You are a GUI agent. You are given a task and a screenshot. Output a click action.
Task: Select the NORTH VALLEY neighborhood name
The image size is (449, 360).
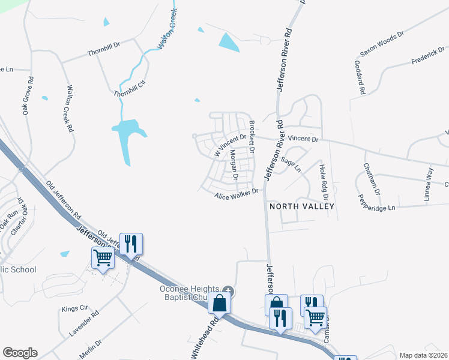click(301, 206)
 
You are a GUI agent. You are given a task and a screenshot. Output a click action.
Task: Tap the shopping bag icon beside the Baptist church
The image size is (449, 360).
click(220, 302)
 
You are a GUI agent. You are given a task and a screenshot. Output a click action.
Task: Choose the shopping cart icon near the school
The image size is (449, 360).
click(103, 258)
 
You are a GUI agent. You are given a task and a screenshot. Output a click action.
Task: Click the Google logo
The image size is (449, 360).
click(20, 353)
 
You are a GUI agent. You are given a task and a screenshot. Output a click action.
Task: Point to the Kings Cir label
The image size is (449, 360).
click(74, 310)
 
